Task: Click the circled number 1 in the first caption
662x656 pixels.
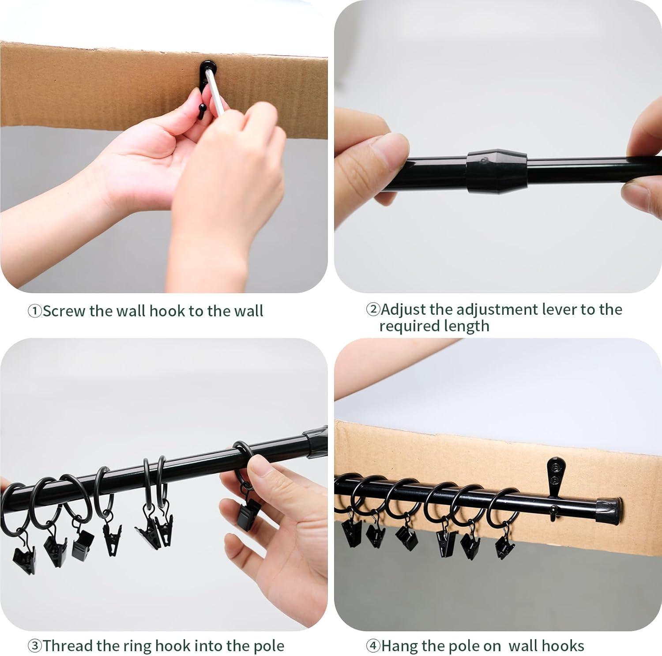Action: (35, 311)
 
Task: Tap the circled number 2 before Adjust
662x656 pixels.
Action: (373, 309)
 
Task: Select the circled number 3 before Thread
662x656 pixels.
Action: (35, 646)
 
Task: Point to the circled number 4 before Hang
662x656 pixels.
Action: (373, 646)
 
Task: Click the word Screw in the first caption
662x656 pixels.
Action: (64, 311)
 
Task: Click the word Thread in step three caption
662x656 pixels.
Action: (68, 646)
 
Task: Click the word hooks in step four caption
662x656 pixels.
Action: (562, 646)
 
